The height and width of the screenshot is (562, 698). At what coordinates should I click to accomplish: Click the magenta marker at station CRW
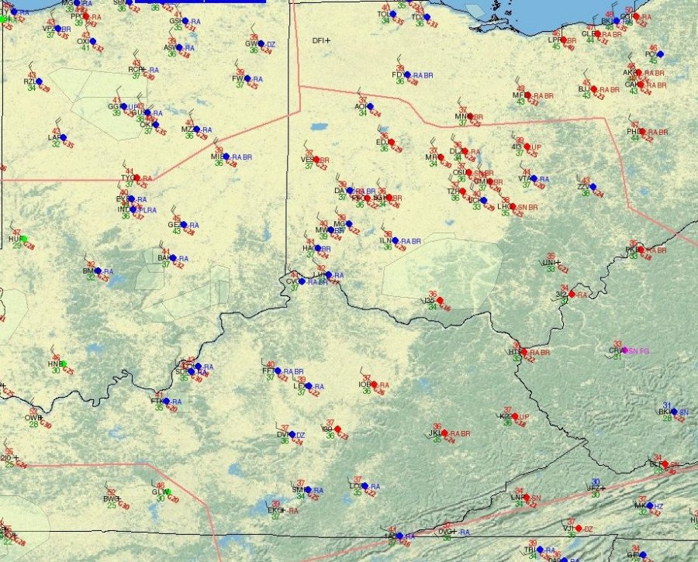coord(624,350)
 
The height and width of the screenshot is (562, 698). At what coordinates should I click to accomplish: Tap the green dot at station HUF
coord(23,239)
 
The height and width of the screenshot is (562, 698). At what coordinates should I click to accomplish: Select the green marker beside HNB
coord(63,364)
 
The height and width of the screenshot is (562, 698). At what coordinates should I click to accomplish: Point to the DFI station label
coord(320,40)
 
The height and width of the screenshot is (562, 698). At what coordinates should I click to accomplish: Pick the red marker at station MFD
coord(528,95)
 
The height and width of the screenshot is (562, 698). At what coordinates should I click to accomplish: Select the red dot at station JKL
coord(445,433)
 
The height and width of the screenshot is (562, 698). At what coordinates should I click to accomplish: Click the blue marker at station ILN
coord(395,240)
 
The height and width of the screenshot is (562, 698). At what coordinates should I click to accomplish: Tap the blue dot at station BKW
coord(673,412)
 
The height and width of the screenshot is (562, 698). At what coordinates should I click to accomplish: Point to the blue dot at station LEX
coord(308,386)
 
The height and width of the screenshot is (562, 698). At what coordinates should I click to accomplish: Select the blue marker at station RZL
coord(39,81)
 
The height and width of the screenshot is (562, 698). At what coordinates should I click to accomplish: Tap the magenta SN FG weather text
coord(639,351)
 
